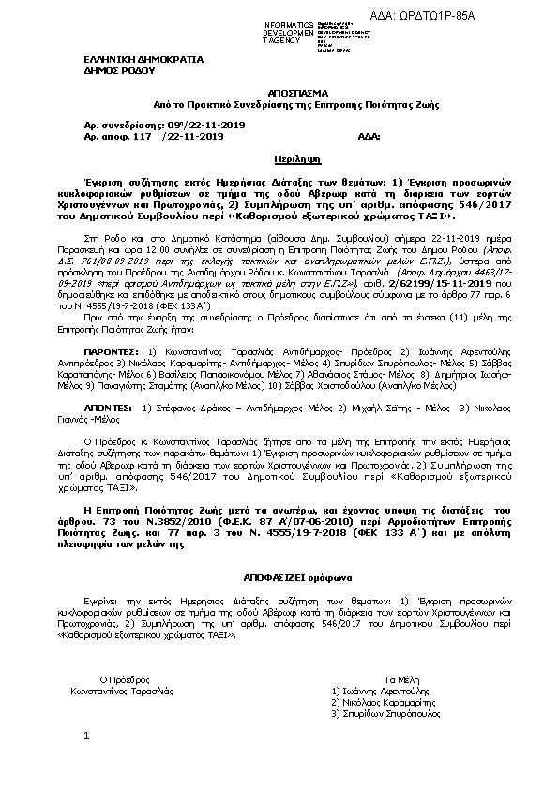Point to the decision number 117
tap(143, 136)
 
